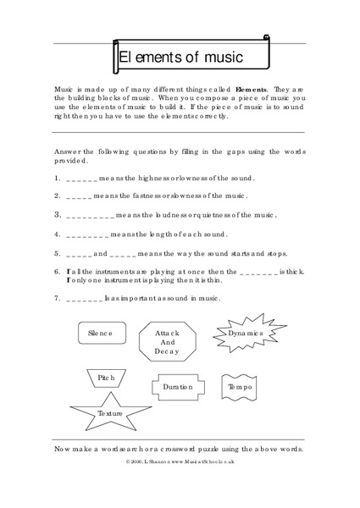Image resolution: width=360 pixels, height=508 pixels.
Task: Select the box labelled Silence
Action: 100,334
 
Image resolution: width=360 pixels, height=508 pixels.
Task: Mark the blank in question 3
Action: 89,215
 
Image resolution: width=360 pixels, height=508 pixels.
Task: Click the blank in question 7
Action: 83,299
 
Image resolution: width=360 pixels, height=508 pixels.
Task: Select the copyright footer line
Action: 179,462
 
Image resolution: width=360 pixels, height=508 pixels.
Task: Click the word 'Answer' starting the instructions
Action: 68,151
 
